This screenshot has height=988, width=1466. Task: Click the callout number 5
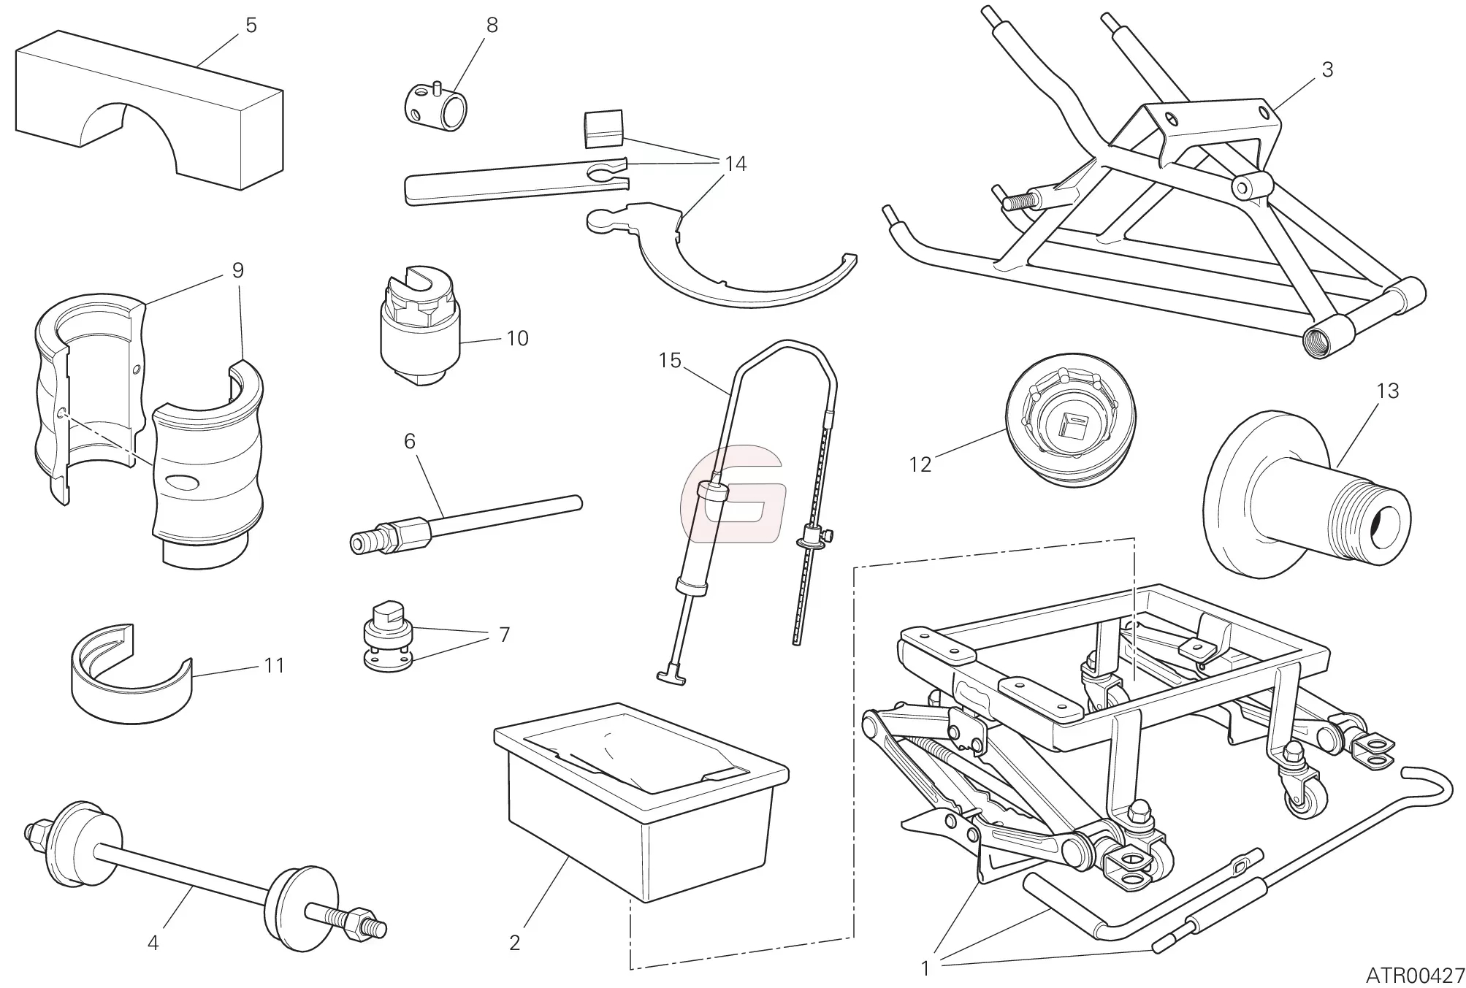click(251, 26)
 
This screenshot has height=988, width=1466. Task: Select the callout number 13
click(1387, 391)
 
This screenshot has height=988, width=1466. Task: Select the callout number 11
click(275, 665)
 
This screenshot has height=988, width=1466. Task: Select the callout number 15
click(669, 361)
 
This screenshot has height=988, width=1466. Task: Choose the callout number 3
click(1327, 70)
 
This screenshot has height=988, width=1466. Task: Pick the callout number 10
click(516, 339)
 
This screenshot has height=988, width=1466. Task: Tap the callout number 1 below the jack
click(925, 969)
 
